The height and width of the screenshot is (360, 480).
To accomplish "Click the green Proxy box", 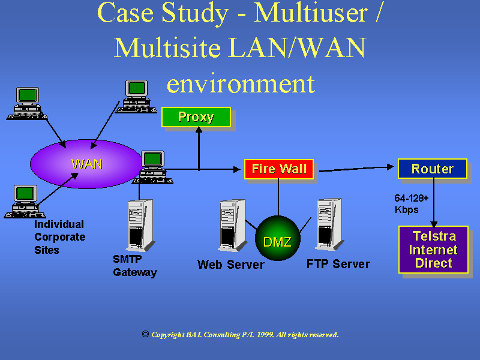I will click(x=196, y=117).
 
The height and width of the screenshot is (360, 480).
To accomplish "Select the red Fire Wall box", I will click(x=279, y=169).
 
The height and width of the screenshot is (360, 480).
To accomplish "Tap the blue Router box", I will click(x=432, y=169).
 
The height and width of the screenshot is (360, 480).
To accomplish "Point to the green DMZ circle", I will click(x=277, y=242).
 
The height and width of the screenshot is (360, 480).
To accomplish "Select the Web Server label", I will click(x=231, y=265).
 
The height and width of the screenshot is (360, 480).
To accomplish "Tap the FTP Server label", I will click(x=338, y=264).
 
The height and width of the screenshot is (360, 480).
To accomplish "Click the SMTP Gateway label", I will click(x=135, y=266).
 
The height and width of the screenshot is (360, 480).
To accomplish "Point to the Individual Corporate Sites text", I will click(x=59, y=237).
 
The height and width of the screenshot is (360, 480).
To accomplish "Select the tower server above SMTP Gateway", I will click(x=140, y=224).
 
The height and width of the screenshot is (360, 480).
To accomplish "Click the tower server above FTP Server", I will click(x=328, y=224).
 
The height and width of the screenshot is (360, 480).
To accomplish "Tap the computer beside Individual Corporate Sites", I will click(x=26, y=201).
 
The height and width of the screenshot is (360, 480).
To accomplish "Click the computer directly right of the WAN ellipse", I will click(x=153, y=166).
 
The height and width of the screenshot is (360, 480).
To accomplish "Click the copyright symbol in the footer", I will click(x=145, y=334).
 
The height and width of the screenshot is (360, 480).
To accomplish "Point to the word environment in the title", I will click(x=240, y=83).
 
